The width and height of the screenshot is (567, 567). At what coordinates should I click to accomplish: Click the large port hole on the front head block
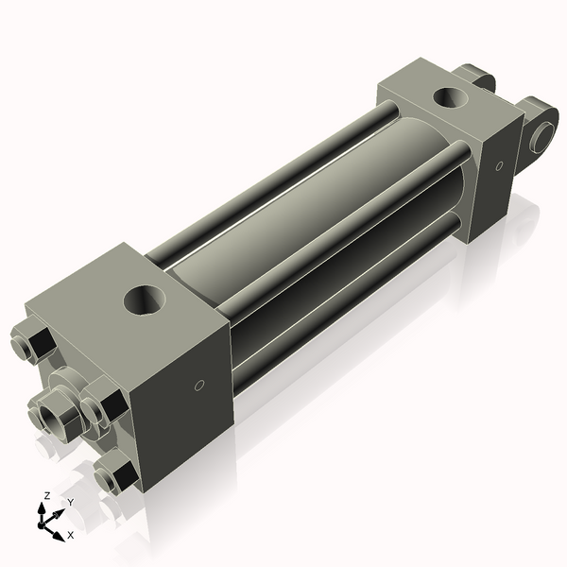pyautogui.click(x=146, y=303)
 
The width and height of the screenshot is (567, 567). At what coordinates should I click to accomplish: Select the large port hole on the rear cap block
pyautogui.click(x=451, y=97)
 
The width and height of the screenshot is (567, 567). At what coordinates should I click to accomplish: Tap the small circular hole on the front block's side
pyautogui.click(x=198, y=385)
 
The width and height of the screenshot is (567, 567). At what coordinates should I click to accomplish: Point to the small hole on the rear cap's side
pyautogui.click(x=498, y=167)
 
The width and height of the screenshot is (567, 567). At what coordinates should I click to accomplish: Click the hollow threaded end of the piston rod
pyautogui.click(x=46, y=415)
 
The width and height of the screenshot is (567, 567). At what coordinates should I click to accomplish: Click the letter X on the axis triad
pyautogui.click(x=69, y=536)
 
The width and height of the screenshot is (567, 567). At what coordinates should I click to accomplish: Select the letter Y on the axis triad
pyautogui.click(x=70, y=502)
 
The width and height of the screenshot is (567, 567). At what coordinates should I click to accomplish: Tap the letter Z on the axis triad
pyautogui.click(x=47, y=495)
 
